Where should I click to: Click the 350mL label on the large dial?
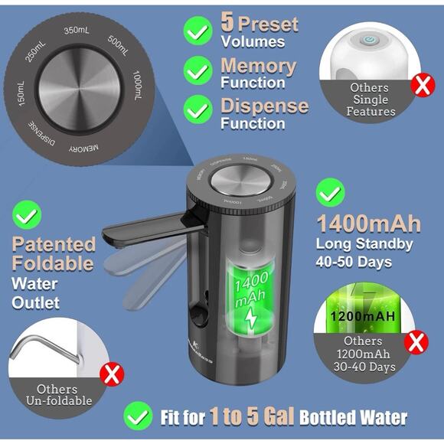(78, 30)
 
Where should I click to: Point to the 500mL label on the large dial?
(119, 45)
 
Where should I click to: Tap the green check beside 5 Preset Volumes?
(198, 31)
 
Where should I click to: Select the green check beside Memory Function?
(198, 70)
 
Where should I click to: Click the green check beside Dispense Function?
(198, 110)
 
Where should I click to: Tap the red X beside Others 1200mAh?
(418, 341)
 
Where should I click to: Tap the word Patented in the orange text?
(54, 245)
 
